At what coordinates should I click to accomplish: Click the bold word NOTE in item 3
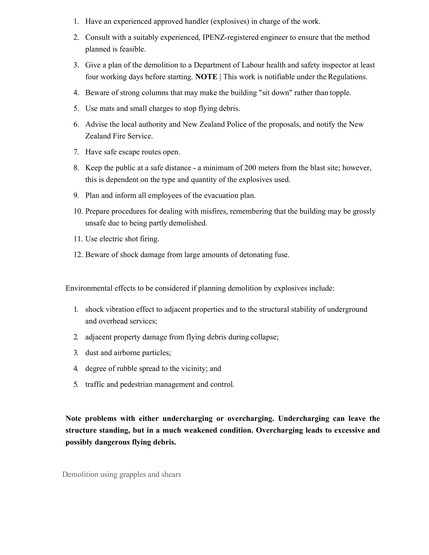coord(206,77)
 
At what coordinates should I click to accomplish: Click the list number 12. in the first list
coord(78,255)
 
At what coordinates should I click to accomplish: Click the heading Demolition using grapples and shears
coord(121,474)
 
